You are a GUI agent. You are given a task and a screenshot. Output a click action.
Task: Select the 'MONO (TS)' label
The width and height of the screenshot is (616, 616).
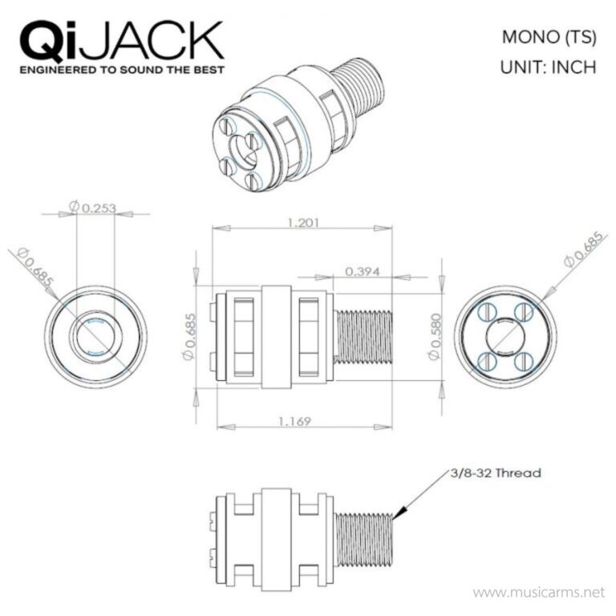(x=548, y=37)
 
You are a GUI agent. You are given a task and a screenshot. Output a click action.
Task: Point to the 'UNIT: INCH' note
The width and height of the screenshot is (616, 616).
(x=548, y=67)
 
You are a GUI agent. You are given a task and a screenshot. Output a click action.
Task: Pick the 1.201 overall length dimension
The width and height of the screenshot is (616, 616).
(x=302, y=222)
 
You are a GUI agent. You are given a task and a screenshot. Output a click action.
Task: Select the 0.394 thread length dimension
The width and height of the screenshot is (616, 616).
(x=363, y=271)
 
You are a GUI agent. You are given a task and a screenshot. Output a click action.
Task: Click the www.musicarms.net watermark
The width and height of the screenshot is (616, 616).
(x=537, y=593)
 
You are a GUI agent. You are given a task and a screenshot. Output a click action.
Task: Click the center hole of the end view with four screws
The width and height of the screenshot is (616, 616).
(x=505, y=334)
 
